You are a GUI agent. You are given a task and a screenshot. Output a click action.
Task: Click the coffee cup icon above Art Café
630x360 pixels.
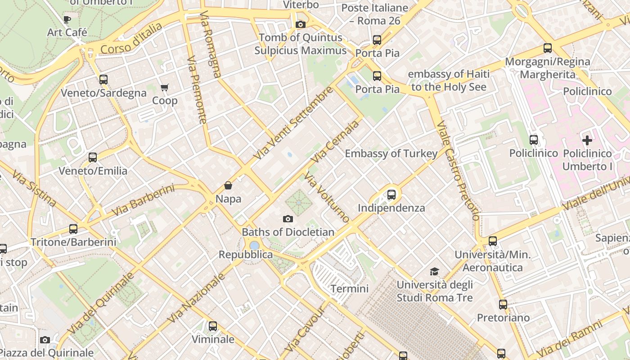pyautogui.click(x=67, y=19)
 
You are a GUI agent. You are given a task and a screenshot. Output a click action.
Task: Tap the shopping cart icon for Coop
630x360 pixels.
pyautogui.click(x=165, y=87)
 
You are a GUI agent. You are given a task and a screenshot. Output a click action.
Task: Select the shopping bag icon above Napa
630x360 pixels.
pyautogui.click(x=228, y=185)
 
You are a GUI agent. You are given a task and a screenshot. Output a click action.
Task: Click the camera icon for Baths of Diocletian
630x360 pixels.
pyautogui.click(x=288, y=219)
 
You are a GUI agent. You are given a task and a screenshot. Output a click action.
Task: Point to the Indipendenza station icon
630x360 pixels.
pyautogui.click(x=391, y=195)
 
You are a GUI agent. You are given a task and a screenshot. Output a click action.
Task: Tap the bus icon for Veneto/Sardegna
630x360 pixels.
pyautogui.click(x=103, y=80)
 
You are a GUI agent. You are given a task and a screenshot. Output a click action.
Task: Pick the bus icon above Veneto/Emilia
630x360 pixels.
pyautogui.click(x=93, y=157)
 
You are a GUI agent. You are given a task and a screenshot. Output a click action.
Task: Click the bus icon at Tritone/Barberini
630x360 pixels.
pyautogui.click(x=73, y=229)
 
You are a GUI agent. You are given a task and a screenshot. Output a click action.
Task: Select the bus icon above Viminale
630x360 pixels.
pyautogui.click(x=213, y=326)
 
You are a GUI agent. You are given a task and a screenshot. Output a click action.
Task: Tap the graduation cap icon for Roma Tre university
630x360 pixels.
pyautogui.click(x=434, y=271)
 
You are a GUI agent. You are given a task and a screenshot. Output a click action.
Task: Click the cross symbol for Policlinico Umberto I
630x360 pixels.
pyautogui.click(x=587, y=140)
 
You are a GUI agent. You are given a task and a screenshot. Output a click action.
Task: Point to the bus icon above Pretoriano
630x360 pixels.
pyautogui.click(x=503, y=305)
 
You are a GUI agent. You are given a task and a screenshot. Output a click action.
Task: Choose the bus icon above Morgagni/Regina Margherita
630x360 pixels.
pyautogui.click(x=548, y=48)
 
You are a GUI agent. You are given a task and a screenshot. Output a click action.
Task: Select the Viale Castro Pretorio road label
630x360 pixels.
pyautogui.click(x=458, y=171)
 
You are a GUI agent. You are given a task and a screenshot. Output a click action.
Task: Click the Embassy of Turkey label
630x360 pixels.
pyautogui.click(x=391, y=154)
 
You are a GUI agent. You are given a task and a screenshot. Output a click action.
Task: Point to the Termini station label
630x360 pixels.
pyautogui.click(x=350, y=288)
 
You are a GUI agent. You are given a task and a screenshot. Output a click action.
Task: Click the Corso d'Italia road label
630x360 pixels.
pyautogui.click(x=131, y=39)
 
